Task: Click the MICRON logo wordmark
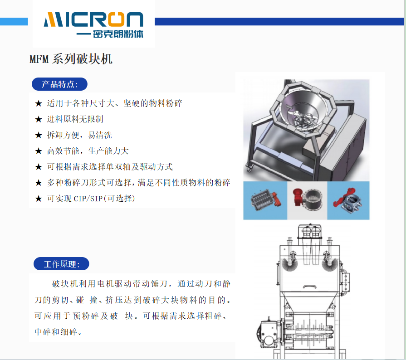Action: coord(93,19)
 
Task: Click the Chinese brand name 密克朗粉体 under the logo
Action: coord(118,34)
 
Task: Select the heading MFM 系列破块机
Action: coord(71,59)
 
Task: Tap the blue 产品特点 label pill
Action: coord(59,84)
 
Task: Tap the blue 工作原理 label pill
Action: coord(61,264)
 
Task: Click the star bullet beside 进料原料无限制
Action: coord(39,119)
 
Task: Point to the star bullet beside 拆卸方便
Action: coord(39,135)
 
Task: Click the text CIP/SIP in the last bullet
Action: coord(88,199)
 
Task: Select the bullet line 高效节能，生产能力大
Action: coord(88,151)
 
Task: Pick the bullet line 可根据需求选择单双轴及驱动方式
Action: coord(110,167)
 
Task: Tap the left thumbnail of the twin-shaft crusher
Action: coord(265,200)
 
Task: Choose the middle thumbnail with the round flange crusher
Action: coord(308,200)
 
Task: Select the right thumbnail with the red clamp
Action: coord(348,200)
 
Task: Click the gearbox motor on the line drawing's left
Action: coord(269,333)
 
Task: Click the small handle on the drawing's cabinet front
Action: coord(310,287)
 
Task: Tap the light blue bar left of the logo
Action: coord(14,21)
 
